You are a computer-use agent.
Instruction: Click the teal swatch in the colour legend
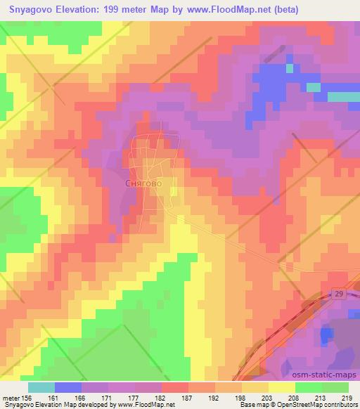click(41, 387)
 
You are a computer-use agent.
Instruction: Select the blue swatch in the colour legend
click(68, 387)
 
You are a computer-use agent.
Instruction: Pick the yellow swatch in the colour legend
click(282, 387)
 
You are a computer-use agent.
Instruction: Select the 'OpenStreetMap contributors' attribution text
click(312, 405)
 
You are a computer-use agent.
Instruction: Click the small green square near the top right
click(289, 68)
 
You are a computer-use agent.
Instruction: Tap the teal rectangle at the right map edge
click(344, 96)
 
